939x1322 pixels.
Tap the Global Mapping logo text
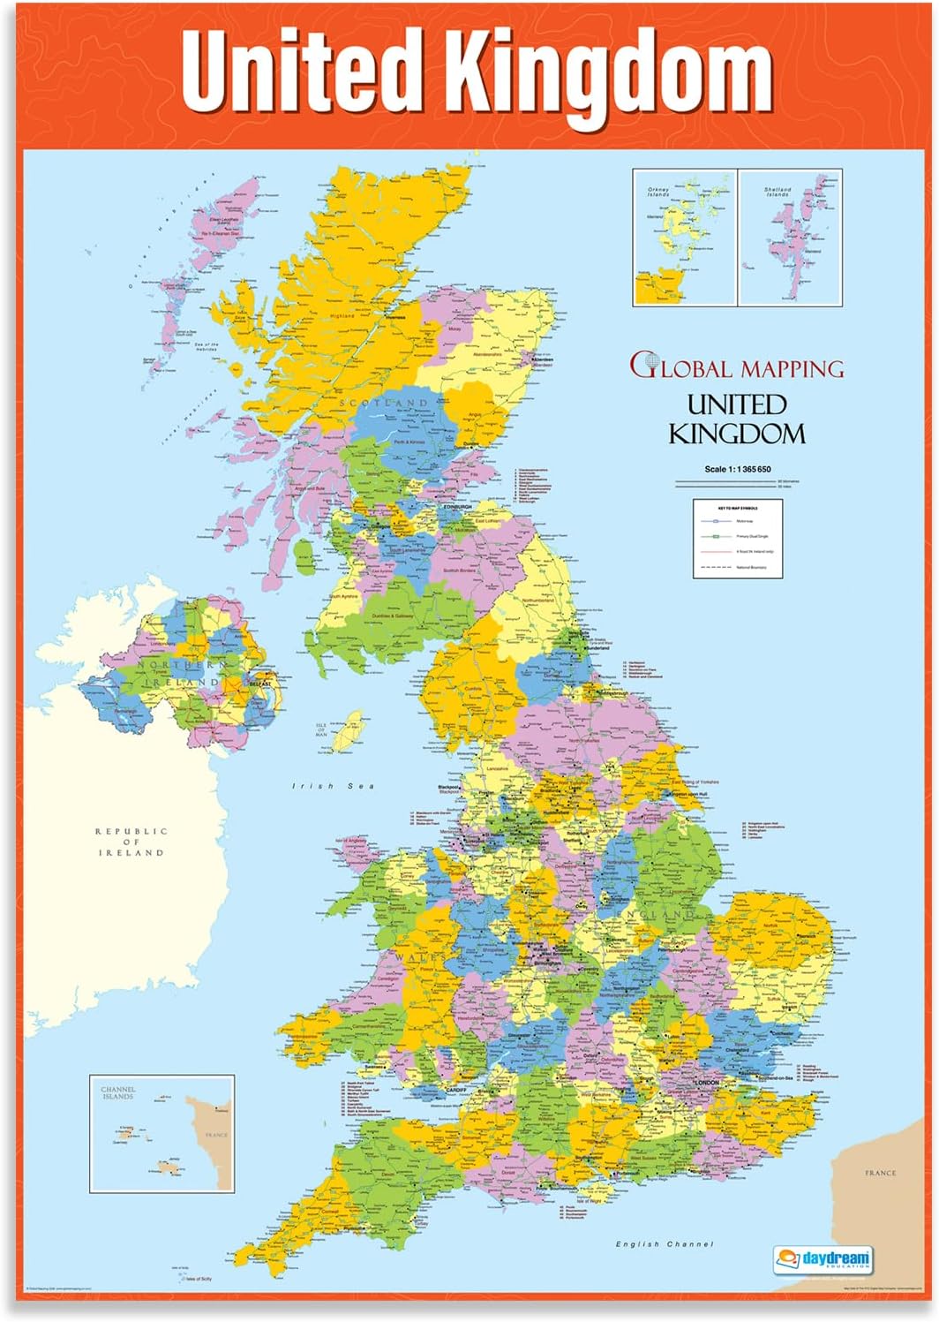[737, 366]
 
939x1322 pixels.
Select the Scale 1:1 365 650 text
[737, 469]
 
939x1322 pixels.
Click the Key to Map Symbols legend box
[738, 539]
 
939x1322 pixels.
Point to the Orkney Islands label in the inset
[658, 191]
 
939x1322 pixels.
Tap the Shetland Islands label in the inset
[777, 191]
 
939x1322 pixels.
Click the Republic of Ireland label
[131, 842]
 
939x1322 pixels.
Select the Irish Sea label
[334, 786]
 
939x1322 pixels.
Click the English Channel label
[665, 1243]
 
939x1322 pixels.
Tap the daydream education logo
[823, 1258]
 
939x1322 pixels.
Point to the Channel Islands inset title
[117, 1092]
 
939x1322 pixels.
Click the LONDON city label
[707, 1082]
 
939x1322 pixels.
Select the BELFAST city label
[259, 684]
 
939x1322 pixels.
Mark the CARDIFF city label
[456, 1091]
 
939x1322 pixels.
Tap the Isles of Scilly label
[198, 1279]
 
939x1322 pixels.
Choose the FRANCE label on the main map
[880, 1173]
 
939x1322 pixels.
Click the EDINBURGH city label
[457, 507]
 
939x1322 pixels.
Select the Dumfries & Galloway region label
[393, 616]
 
